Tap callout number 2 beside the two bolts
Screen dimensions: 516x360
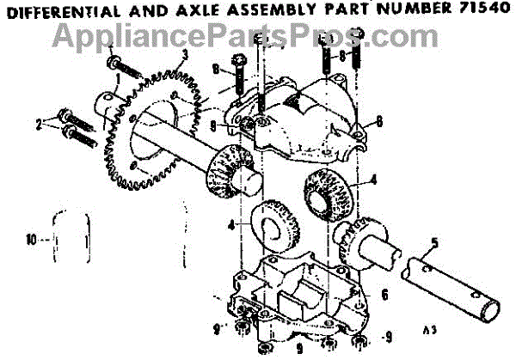38,125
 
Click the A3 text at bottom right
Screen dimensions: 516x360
430,329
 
